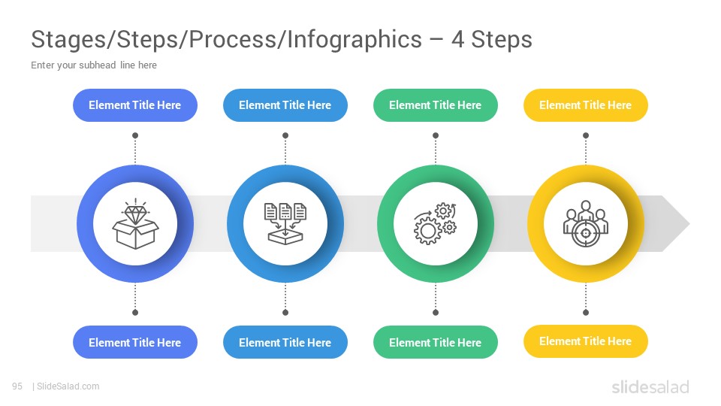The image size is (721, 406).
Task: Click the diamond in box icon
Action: pyautogui.click(x=135, y=224)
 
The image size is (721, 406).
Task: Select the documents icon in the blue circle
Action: pyautogui.click(x=285, y=223)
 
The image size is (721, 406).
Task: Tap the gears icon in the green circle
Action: pyautogui.click(x=435, y=223)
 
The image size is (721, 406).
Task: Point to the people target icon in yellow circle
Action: pyautogui.click(x=585, y=224)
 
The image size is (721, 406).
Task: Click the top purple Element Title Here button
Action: pyautogui.click(x=135, y=105)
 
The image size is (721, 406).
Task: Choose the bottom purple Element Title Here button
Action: pyautogui.click(x=135, y=343)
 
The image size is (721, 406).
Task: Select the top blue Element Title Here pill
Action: pyautogui.click(x=285, y=105)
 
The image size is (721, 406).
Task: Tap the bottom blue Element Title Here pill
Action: pyautogui.click(x=285, y=343)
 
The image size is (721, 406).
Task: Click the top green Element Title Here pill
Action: pyautogui.click(x=436, y=105)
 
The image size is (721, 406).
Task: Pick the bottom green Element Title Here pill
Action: pyautogui.click(x=436, y=343)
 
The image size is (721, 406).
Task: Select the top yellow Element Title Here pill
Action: pyautogui.click(x=586, y=105)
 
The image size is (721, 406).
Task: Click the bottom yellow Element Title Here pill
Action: pyautogui.click(x=586, y=341)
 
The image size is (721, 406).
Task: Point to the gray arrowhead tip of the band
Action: pyautogui.click(x=689, y=224)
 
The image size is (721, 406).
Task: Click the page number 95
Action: pyautogui.click(x=17, y=386)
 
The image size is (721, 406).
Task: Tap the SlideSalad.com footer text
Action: pyautogui.click(x=68, y=386)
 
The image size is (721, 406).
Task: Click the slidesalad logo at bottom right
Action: pyautogui.click(x=650, y=386)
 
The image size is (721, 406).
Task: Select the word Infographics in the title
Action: pyautogui.click(x=354, y=40)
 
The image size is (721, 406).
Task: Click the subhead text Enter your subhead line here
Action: pyautogui.click(x=94, y=65)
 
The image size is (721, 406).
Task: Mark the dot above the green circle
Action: pyautogui.click(x=436, y=135)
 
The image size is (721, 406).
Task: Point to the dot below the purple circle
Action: pyautogui.click(x=135, y=313)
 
